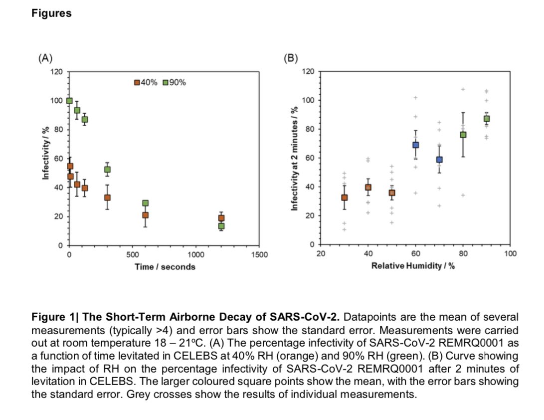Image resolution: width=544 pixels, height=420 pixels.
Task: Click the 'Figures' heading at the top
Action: click(x=51, y=13)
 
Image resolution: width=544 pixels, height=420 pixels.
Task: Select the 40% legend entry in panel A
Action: click(x=146, y=83)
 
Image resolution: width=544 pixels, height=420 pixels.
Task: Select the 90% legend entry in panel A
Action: click(x=175, y=83)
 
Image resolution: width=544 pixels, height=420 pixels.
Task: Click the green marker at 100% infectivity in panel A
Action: click(x=69, y=101)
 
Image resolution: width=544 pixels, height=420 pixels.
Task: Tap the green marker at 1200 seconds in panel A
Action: click(x=221, y=226)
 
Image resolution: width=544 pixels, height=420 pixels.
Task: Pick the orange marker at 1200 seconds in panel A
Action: click(x=221, y=218)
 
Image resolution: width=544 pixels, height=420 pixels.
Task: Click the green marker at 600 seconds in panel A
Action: click(x=145, y=203)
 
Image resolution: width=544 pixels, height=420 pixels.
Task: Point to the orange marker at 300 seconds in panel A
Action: click(x=107, y=198)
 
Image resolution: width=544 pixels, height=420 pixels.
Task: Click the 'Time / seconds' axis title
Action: click(x=165, y=267)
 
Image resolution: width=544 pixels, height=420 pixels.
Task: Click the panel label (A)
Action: click(x=45, y=58)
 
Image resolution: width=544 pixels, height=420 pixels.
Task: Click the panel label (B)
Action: click(x=290, y=58)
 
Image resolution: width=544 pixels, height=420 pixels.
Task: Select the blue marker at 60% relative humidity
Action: click(x=415, y=145)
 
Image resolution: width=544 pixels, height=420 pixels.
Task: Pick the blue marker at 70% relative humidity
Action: click(x=439, y=160)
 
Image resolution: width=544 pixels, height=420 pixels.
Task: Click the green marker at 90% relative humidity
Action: click(x=487, y=119)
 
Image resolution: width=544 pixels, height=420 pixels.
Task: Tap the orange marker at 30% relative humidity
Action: click(x=344, y=198)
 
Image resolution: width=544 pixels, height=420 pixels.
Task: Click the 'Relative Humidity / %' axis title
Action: click(x=413, y=265)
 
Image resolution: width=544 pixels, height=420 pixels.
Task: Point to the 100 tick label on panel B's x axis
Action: click(x=510, y=254)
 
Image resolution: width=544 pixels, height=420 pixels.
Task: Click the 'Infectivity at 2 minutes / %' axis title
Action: click(x=294, y=158)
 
